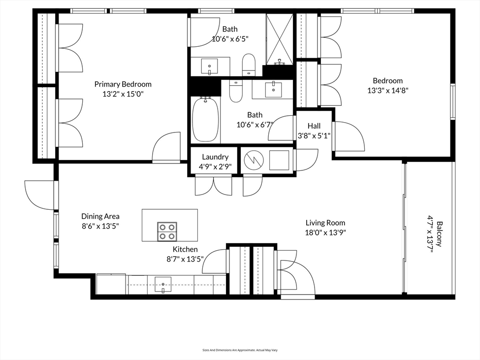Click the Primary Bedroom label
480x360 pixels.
tap(123, 84)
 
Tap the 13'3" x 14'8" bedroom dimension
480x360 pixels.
tap(388, 91)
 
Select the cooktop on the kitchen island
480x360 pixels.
tap(167, 231)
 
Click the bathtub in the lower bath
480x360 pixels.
tap(205, 119)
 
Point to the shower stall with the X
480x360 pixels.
tap(280, 39)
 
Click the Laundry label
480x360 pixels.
tap(215, 157)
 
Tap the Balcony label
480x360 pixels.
tap(439, 234)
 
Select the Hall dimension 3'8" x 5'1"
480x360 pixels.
tap(314, 135)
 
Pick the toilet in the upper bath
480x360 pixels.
tap(249, 65)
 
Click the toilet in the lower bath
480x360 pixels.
tap(236, 91)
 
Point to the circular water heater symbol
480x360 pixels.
tap(254, 161)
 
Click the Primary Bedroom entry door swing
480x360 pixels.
tap(166, 146)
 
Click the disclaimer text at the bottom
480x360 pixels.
tap(240, 350)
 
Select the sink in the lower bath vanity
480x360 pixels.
tap(273, 89)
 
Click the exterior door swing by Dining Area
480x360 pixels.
tap(39, 196)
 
